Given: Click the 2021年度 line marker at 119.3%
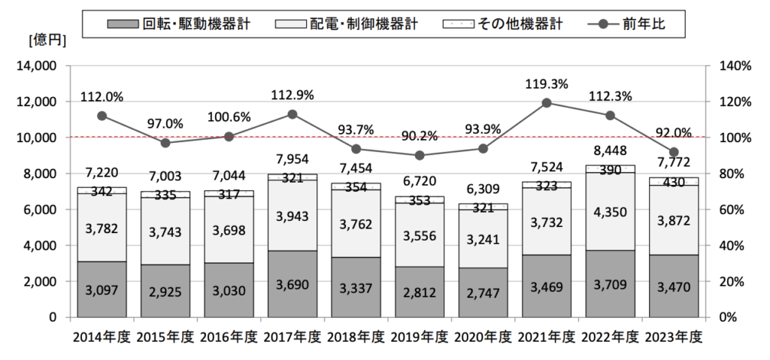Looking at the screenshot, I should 547,102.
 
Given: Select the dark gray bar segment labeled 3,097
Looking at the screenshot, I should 102,289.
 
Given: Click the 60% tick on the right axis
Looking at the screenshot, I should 735,210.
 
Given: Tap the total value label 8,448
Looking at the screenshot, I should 611,155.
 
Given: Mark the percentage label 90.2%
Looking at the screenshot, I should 420,136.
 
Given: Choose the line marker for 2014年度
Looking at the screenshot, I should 102,116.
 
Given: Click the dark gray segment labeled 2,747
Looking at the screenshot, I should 484,292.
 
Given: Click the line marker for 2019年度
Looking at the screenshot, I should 420,156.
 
